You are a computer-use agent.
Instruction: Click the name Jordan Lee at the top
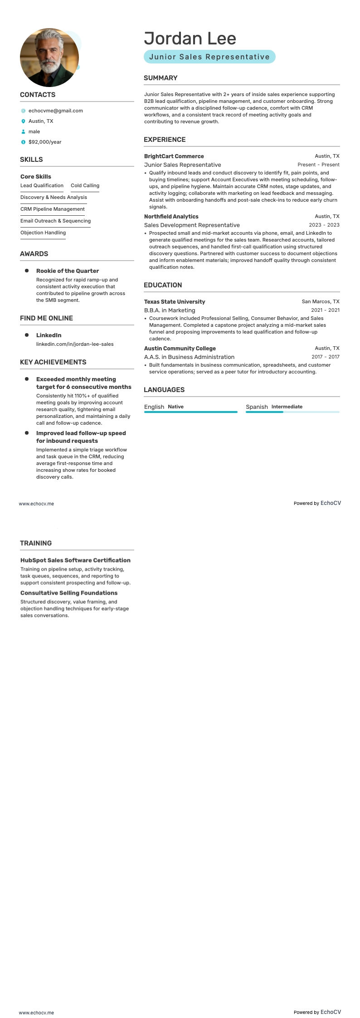pos(190,39)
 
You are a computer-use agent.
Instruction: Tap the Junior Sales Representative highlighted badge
pos(209,57)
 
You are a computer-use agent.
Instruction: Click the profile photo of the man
pos(49,58)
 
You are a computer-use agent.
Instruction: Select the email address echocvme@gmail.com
pos(55,111)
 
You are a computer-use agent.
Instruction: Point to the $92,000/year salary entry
pos(45,142)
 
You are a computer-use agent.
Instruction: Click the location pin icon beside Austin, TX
pos(23,121)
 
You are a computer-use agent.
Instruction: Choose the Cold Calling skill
pos(85,185)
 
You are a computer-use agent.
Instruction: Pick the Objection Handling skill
pos(43,233)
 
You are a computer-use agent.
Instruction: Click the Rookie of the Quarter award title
pos(68,271)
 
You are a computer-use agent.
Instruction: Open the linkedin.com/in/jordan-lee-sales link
pos(75,344)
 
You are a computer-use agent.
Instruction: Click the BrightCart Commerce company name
pos(174,156)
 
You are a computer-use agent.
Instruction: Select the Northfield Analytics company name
pos(171,217)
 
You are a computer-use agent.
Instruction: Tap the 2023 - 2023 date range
pos(324,225)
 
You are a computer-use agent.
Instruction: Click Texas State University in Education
pos(175,302)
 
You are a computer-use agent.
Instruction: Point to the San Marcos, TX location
pos(320,301)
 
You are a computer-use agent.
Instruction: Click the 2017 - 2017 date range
pos(325,357)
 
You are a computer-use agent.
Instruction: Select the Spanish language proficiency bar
pos(292,412)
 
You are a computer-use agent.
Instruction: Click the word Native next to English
pos(175,407)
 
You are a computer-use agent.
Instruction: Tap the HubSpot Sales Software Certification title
pos(75,560)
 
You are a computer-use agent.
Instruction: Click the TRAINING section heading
pos(36,543)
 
